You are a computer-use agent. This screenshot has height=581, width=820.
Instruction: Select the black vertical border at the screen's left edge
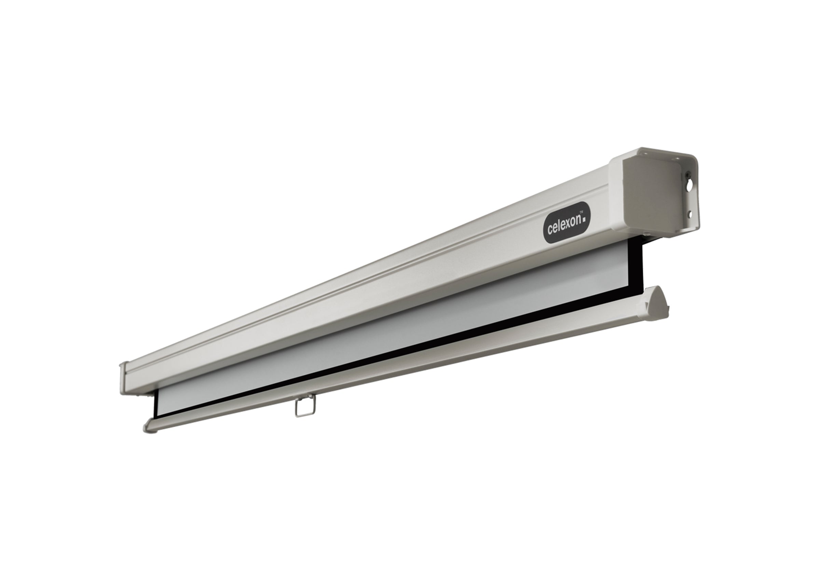(x=156, y=403)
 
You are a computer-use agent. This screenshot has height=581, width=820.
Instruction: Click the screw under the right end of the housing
(x=646, y=235)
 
